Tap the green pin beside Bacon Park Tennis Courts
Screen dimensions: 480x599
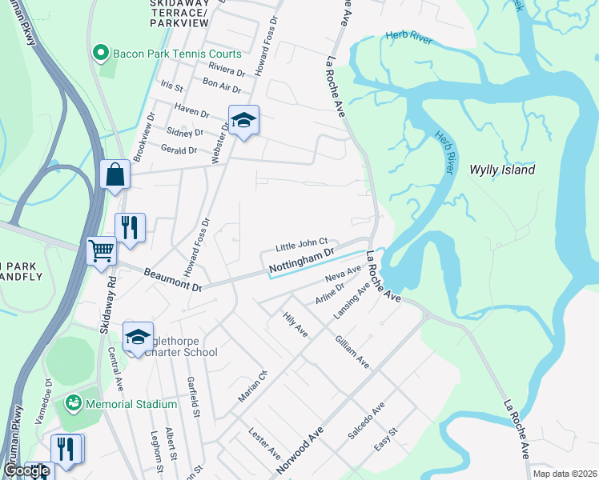101,54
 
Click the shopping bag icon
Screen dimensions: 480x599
115,174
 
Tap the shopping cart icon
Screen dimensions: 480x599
102,250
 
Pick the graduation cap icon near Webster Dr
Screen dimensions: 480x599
243,120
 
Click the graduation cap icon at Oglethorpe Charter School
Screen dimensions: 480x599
138,337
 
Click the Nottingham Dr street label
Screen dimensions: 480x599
300,258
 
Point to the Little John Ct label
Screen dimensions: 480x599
302,242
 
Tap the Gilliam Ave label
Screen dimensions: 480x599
352,352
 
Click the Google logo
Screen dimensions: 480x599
26,471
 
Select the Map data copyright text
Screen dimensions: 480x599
565,474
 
